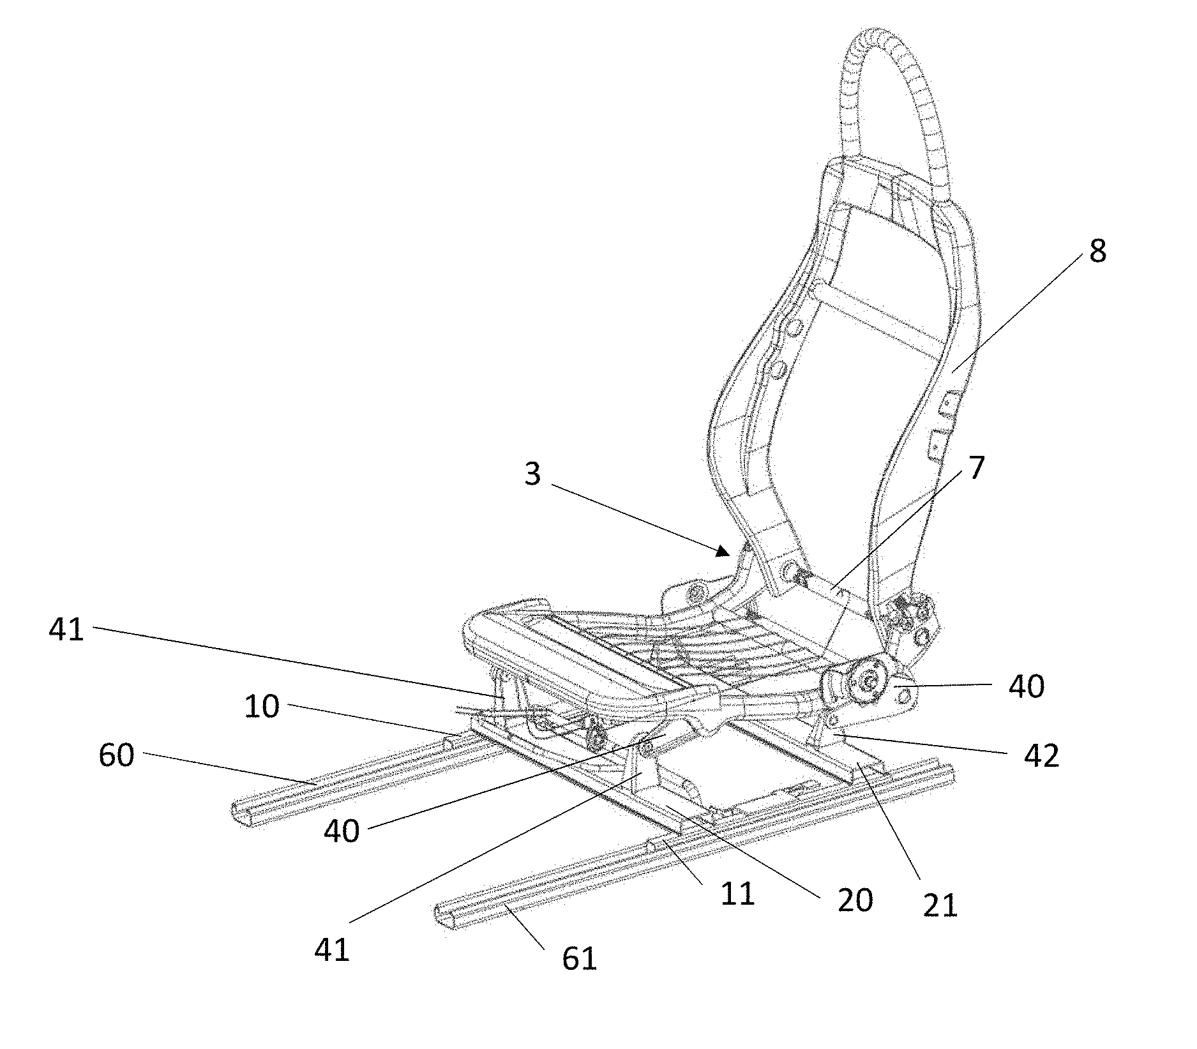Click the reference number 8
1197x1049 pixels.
pos(1097,251)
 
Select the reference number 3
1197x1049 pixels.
pos(532,474)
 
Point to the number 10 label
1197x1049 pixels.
pos(262,707)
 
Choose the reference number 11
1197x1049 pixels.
pos(737,894)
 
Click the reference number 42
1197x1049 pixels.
pos(1041,756)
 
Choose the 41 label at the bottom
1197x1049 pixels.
pos(332,950)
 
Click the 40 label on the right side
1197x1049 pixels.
pos(1027,688)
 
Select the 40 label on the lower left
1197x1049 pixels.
pos(342,831)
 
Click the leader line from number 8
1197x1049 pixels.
pos(1021,313)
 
